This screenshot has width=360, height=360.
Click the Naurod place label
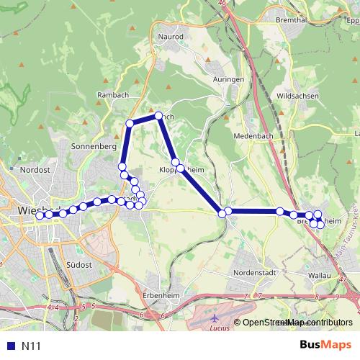tap(171, 35)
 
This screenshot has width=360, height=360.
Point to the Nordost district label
tap(34, 169)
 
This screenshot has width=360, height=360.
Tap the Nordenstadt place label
tap(254, 274)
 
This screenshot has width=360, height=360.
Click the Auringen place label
tap(229, 79)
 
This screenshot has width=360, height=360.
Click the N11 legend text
tap(32, 346)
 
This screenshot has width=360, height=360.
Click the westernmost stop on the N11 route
tap(40, 215)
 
